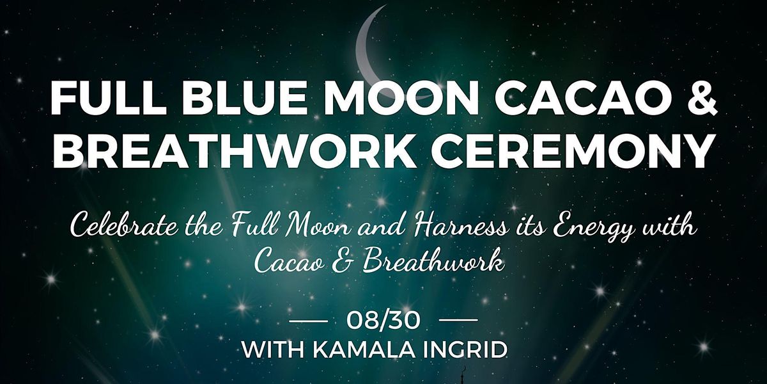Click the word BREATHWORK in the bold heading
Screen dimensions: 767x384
(235, 150)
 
